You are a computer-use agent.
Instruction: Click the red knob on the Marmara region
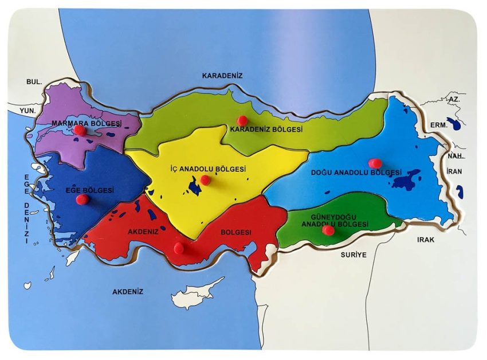81,131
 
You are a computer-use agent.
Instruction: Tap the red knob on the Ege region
83,199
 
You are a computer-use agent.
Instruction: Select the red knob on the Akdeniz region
179,248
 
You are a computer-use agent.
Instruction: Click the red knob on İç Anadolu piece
206,180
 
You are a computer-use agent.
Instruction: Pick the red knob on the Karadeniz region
242,120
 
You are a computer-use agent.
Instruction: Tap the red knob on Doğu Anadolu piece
375,163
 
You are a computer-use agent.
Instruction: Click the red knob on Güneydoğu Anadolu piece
328,230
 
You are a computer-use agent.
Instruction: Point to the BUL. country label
34,82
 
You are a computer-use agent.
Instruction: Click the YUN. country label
27,110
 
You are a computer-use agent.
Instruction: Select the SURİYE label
353,253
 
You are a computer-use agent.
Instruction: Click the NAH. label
455,156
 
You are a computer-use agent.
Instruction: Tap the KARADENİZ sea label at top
223,75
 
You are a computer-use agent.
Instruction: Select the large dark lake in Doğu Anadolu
404,181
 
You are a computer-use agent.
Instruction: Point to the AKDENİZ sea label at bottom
128,291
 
